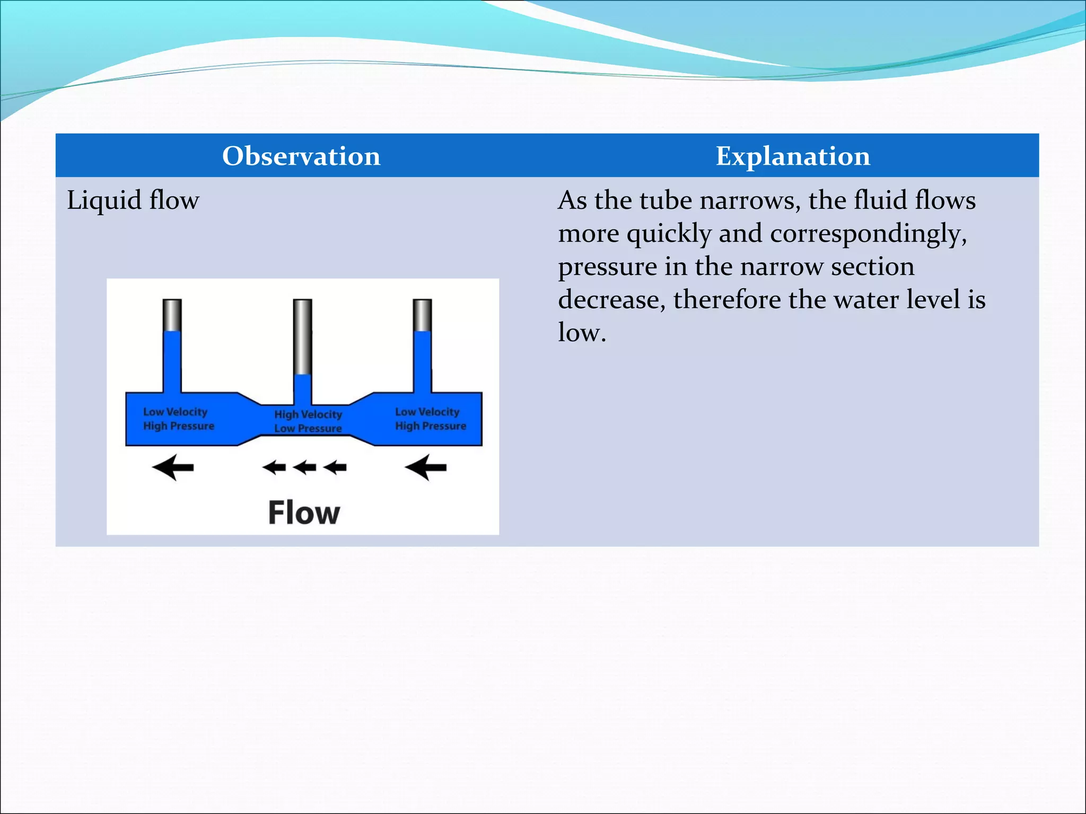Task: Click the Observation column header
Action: point(301,156)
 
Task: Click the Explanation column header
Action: point(793,156)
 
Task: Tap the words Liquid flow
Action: point(133,201)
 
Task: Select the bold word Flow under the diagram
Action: point(304,512)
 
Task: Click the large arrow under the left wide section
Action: point(173,467)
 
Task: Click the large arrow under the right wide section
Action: point(426,467)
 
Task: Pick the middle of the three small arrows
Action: point(305,467)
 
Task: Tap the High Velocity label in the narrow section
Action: point(308,414)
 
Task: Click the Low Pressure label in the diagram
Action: point(308,428)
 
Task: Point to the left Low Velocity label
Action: point(175,412)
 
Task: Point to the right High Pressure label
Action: point(431,426)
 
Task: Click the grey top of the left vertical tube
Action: point(172,315)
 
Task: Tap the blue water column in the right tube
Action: point(423,360)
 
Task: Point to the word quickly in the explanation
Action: point(669,234)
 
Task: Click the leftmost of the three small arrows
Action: point(274,467)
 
